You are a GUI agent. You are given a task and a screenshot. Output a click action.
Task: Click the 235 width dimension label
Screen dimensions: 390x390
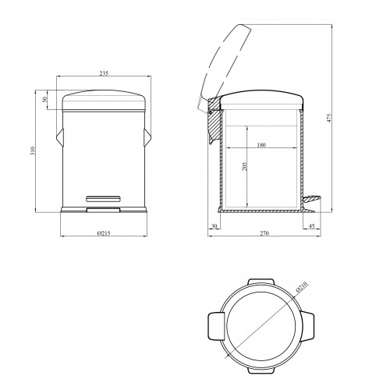(104, 73)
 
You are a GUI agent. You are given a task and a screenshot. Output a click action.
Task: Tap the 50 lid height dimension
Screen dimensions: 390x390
(44, 99)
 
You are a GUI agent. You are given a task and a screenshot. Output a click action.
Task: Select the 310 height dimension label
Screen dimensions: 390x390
(33, 151)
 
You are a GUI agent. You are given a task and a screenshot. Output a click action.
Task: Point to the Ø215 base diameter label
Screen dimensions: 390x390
(104, 233)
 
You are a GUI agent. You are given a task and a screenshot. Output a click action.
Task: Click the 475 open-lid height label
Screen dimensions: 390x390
(329, 118)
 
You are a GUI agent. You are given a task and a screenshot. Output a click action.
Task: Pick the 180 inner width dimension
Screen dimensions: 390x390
(261, 145)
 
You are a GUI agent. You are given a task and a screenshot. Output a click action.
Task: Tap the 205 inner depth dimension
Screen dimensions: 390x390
(244, 166)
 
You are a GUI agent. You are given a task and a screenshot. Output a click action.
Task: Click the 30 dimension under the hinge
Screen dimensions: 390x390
(214, 226)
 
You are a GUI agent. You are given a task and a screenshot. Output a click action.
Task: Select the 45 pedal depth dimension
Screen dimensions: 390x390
(311, 226)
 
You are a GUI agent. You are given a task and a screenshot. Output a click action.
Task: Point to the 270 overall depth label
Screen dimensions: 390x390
(264, 233)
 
